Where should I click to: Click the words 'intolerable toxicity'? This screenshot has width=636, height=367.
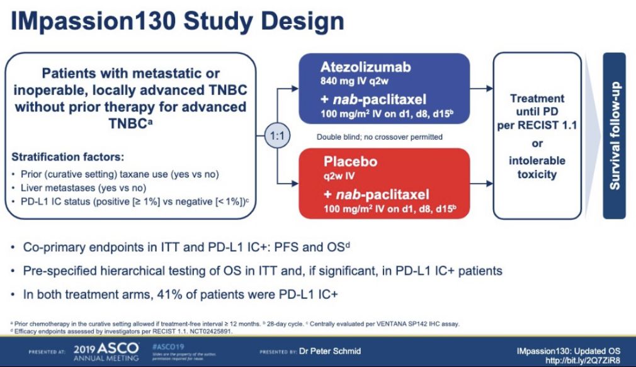tap(537, 167)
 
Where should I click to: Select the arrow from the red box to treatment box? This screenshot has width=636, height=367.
tap(480, 183)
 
